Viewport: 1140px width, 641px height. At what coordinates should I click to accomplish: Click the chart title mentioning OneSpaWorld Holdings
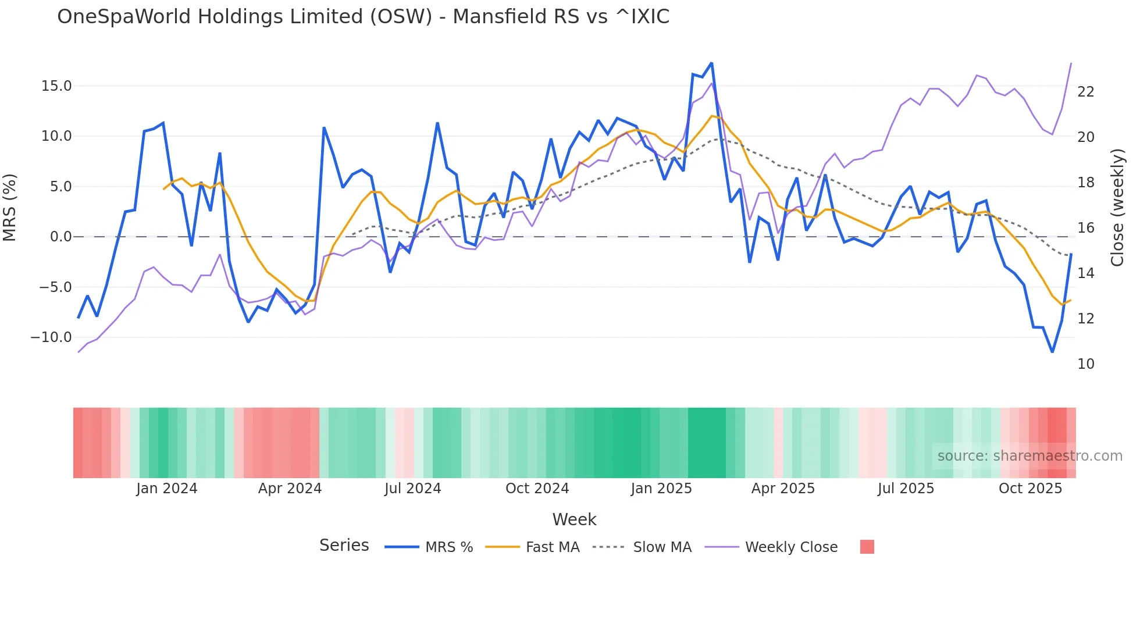click(x=363, y=17)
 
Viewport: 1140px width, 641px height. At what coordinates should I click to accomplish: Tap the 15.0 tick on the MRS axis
click(x=56, y=86)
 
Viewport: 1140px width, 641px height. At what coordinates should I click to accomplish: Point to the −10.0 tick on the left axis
click(x=51, y=337)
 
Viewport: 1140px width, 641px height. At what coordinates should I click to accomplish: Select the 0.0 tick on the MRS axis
click(x=60, y=237)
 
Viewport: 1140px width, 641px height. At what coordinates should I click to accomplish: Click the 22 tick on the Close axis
click(x=1085, y=92)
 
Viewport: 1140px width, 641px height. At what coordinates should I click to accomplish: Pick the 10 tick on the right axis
click(x=1085, y=364)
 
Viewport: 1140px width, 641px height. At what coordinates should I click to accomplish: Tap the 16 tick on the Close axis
click(x=1085, y=228)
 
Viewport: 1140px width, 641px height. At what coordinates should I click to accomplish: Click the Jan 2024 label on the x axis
click(x=167, y=489)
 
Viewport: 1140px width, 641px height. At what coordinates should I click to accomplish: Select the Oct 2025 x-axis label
click(x=1030, y=489)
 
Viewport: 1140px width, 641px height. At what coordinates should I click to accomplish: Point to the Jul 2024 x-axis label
click(x=412, y=489)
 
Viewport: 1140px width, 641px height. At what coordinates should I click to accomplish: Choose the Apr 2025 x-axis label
click(x=783, y=489)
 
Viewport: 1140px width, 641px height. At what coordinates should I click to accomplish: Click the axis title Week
click(x=574, y=519)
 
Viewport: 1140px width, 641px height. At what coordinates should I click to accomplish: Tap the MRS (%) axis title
click(x=10, y=207)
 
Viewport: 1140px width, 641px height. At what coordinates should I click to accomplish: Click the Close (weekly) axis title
click(x=1117, y=208)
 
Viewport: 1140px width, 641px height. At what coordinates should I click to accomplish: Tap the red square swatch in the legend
click(x=867, y=547)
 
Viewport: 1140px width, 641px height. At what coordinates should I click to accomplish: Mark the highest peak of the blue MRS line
click(x=711, y=63)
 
